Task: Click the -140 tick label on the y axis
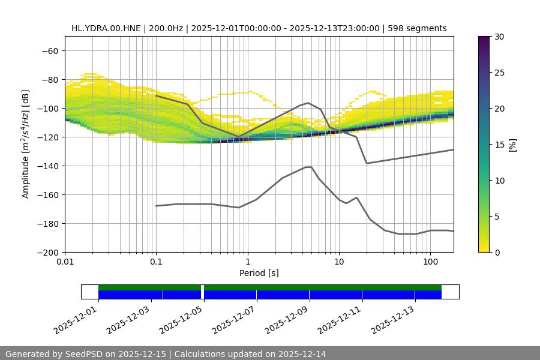[x=49, y=166]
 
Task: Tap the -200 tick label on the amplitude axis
[x=49, y=252]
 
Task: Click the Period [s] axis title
[x=259, y=273]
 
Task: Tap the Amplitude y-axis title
[x=26, y=144]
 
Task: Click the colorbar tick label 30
[x=499, y=37]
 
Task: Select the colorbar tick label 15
[x=499, y=145]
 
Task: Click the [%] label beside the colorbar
[x=512, y=145]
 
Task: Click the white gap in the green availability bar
[x=202, y=287]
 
